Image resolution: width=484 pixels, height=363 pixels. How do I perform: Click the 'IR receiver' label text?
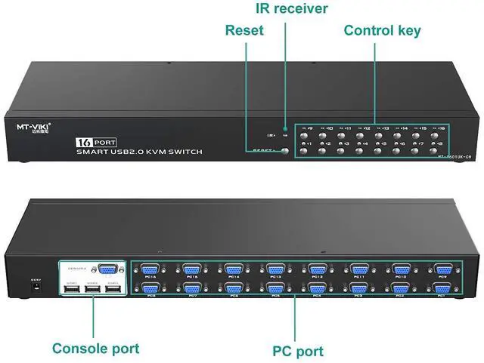[290, 9]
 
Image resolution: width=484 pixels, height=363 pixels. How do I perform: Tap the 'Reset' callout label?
[244, 30]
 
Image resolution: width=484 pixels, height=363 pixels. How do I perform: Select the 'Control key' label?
[382, 30]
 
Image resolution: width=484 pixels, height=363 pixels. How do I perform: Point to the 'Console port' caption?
[95, 348]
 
